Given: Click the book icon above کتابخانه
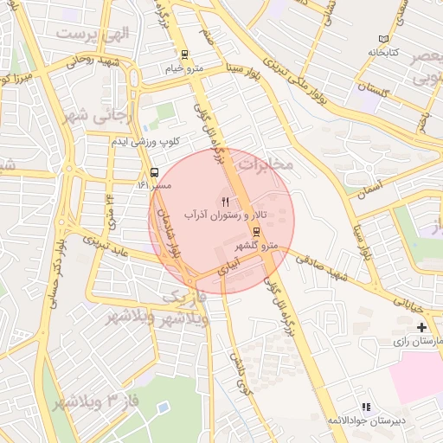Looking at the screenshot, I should pyautogui.click(x=384, y=39).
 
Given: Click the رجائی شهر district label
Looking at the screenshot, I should pyautogui.click(x=83, y=112).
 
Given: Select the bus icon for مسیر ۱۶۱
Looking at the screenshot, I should pyautogui.click(x=154, y=171).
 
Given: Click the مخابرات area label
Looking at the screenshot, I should pyautogui.click(x=266, y=163).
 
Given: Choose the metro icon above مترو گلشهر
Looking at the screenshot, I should pyautogui.click(x=256, y=231).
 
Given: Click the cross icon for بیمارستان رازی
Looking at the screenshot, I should pyautogui.click(x=421, y=327).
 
